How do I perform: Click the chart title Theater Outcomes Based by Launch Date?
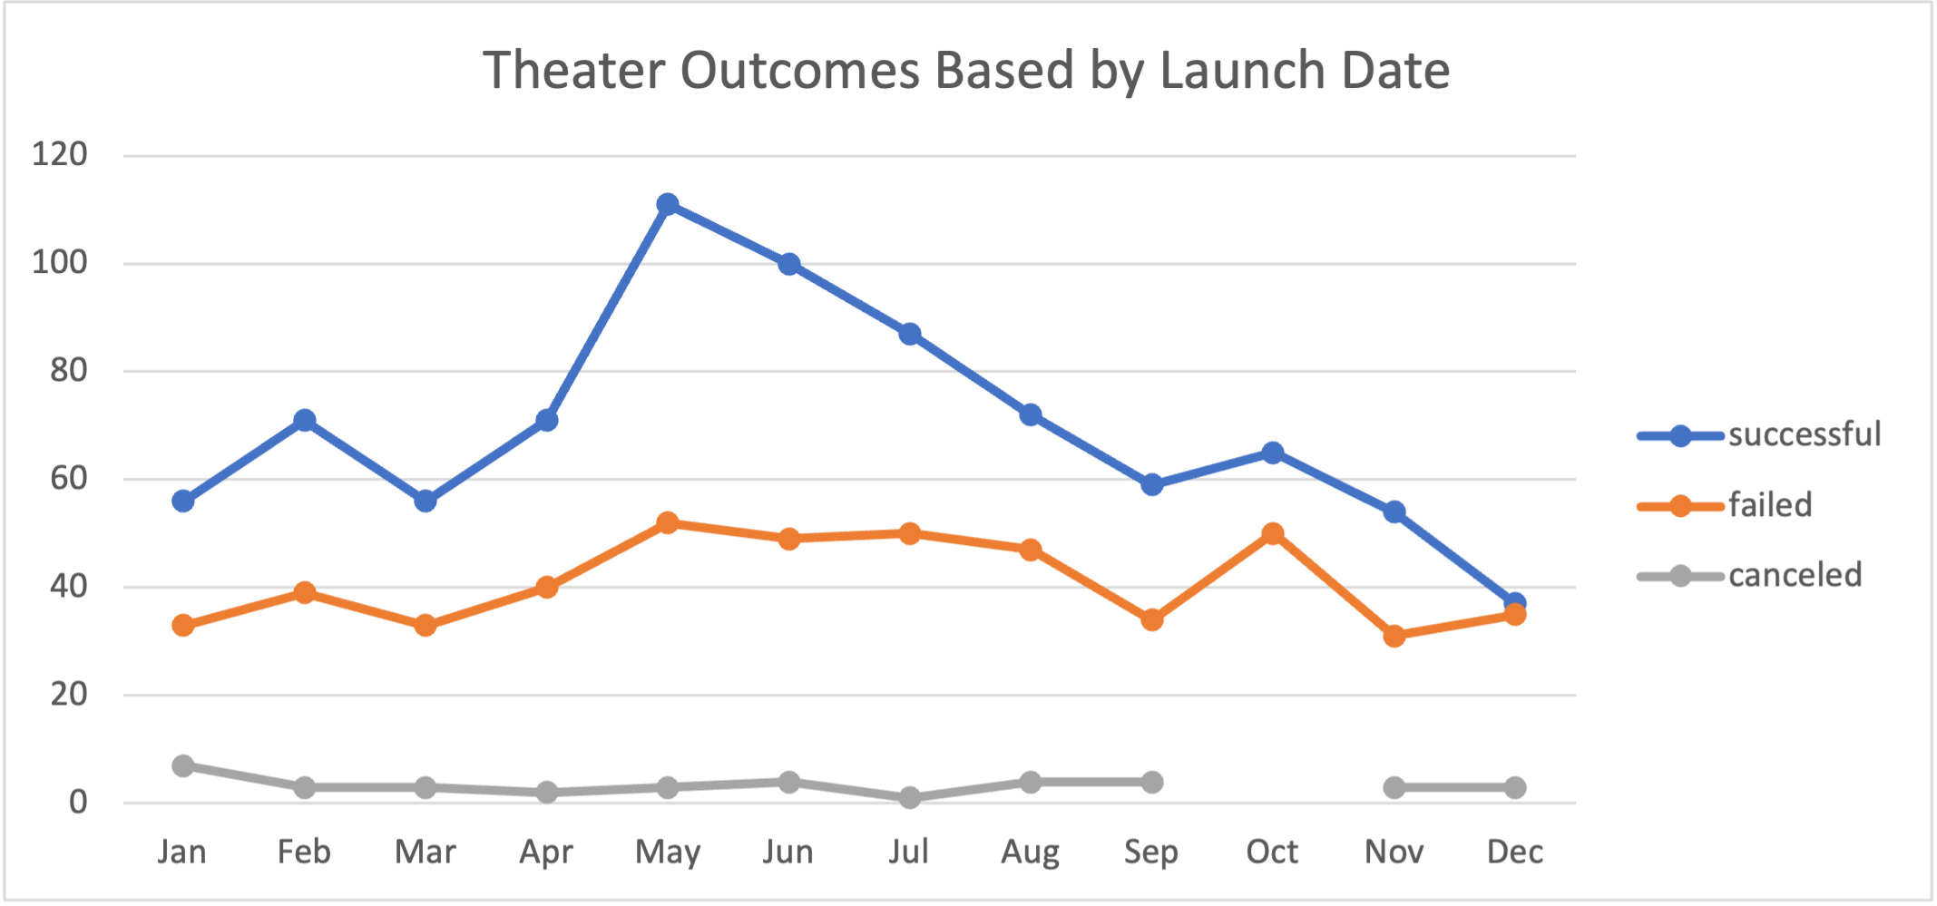click(966, 71)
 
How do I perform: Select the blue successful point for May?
click(668, 204)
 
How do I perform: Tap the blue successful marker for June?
click(789, 264)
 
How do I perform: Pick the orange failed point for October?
click(1273, 533)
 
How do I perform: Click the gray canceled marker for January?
click(183, 765)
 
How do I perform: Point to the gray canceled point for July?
click(910, 798)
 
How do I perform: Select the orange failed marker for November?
click(1394, 636)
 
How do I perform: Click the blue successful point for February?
click(305, 420)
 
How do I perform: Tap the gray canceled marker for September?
click(1152, 782)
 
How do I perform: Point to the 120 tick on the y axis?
click(60, 154)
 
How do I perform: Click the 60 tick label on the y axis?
click(69, 478)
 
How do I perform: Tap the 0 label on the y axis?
click(79, 802)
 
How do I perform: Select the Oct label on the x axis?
click(1272, 852)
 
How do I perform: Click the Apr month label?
click(546, 852)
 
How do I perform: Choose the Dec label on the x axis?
click(1515, 852)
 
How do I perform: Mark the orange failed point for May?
click(668, 523)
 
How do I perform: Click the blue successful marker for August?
click(1031, 414)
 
